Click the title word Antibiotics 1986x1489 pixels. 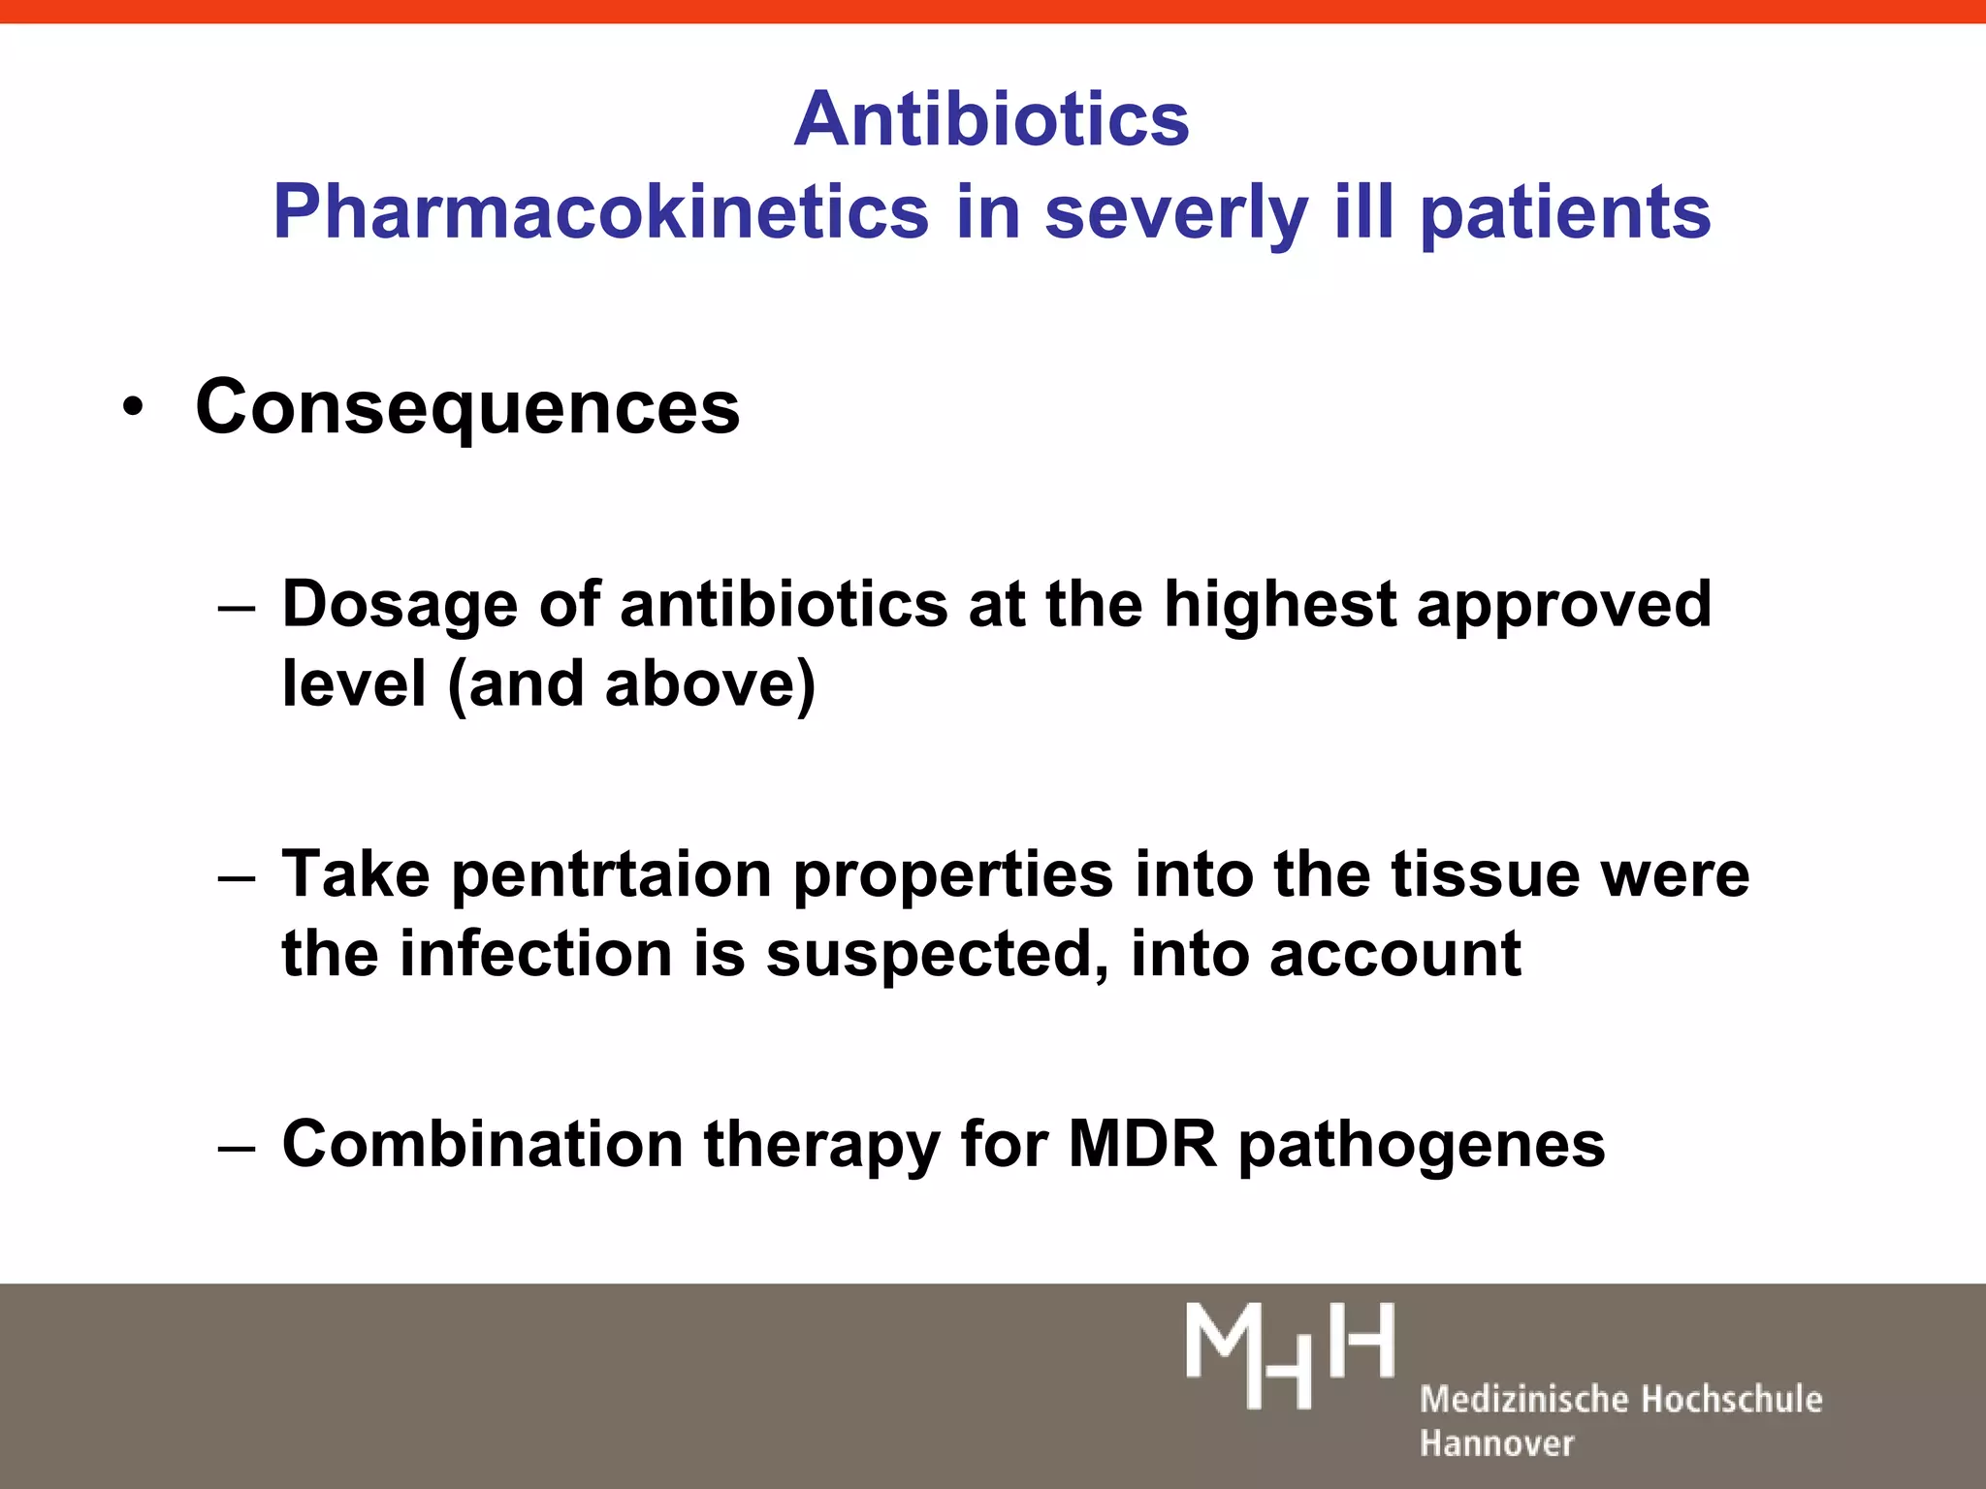[x=991, y=119]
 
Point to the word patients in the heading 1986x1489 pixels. [x=1565, y=212]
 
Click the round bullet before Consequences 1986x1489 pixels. [x=133, y=407]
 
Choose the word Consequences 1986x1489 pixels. [x=467, y=407]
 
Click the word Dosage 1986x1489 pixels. [x=400, y=605]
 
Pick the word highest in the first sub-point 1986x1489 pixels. [x=1279, y=605]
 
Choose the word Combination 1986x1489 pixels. [x=482, y=1145]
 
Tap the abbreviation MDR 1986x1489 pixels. [x=1141, y=1145]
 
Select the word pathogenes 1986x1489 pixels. [x=1422, y=1145]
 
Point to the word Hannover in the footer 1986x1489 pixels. [x=1496, y=1443]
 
